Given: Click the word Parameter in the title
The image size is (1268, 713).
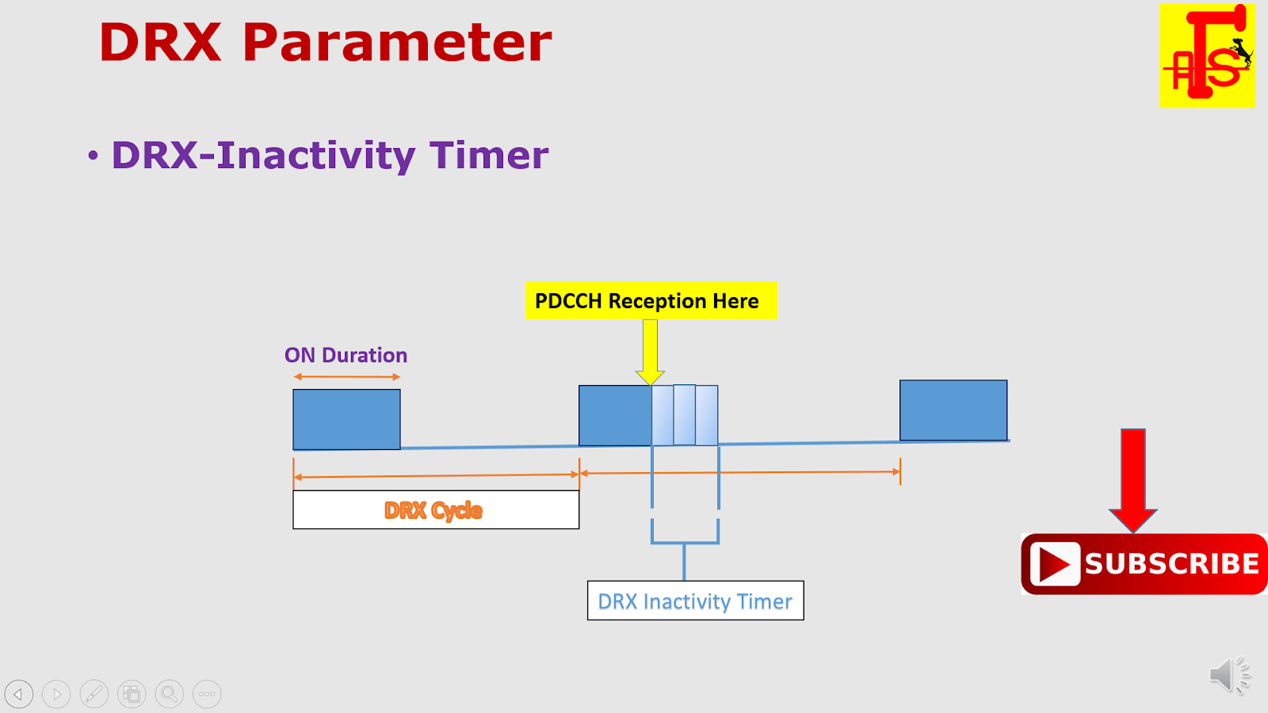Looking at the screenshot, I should point(396,44).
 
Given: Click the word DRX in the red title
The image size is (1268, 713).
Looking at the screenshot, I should point(161,43).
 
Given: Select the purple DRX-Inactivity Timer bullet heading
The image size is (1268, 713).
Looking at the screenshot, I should point(329,155).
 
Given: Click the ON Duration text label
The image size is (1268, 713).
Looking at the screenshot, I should point(346,355).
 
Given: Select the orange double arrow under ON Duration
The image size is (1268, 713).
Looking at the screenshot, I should point(346,377).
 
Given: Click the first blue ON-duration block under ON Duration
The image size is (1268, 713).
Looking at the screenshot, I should point(346,419).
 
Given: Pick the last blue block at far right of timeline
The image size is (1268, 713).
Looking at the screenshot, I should point(953,410).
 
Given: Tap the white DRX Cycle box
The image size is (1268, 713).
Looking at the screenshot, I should point(435,510).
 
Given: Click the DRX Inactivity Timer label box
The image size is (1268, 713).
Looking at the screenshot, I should point(695,601).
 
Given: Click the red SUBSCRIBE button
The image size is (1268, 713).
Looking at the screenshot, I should point(1144,564).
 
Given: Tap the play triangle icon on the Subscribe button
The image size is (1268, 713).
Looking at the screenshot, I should point(1055,564).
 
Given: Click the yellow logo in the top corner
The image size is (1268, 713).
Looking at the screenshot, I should point(1206,55).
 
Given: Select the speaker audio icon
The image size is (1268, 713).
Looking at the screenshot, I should point(1228,676).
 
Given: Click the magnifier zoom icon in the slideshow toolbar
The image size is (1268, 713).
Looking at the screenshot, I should point(169,694).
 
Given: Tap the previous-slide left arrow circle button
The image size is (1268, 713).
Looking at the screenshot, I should point(19,694).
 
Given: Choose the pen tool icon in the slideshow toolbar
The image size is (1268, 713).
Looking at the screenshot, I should point(94,694).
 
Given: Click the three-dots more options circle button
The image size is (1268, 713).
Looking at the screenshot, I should point(207,694).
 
